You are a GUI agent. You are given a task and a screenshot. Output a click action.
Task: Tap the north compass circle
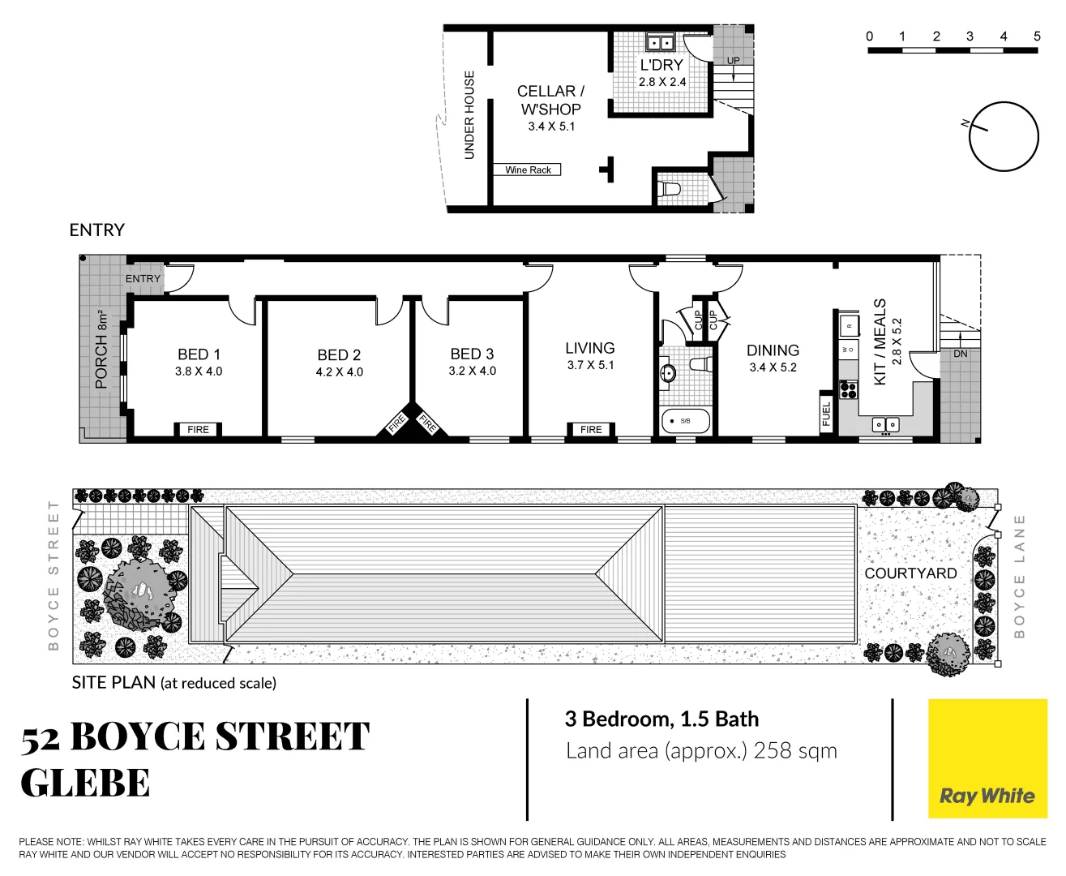pyautogui.click(x=1004, y=136)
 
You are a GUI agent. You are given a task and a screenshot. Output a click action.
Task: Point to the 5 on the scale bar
pyautogui.click(x=1037, y=36)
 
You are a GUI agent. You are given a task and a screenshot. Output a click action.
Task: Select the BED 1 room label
pyautogui.click(x=199, y=354)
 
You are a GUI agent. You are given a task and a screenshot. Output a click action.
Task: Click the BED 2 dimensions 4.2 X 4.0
pyautogui.click(x=339, y=372)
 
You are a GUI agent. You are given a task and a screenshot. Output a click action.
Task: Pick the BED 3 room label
pyautogui.click(x=472, y=354)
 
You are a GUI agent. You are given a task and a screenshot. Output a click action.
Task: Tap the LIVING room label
pyautogui.click(x=589, y=348)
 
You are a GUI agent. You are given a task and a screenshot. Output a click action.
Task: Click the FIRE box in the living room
pyautogui.click(x=591, y=430)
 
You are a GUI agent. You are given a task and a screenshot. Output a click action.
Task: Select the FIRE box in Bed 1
pyautogui.click(x=198, y=430)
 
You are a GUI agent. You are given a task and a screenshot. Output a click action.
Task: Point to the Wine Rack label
pyautogui.click(x=528, y=170)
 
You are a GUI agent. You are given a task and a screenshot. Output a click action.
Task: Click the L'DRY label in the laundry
pyautogui.click(x=661, y=65)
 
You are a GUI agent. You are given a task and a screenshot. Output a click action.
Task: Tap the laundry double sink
pyautogui.click(x=660, y=43)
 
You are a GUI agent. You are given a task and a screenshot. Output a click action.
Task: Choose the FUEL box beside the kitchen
pyautogui.click(x=826, y=413)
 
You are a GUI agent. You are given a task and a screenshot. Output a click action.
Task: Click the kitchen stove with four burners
pyautogui.click(x=848, y=390)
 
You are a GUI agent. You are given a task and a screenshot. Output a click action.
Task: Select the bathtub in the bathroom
pyautogui.click(x=686, y=421)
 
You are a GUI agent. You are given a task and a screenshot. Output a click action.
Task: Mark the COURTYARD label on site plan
pyautogui.click(x=910, y=573)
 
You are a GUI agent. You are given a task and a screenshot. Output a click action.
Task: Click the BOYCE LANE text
pyautogui.click(x=1020, y=576)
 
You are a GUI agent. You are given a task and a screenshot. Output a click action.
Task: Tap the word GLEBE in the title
pyautogui.click(x=85, y=784)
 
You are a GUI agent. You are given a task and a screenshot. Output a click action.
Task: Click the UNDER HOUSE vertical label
pyautogui.click(x=469, y=115)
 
